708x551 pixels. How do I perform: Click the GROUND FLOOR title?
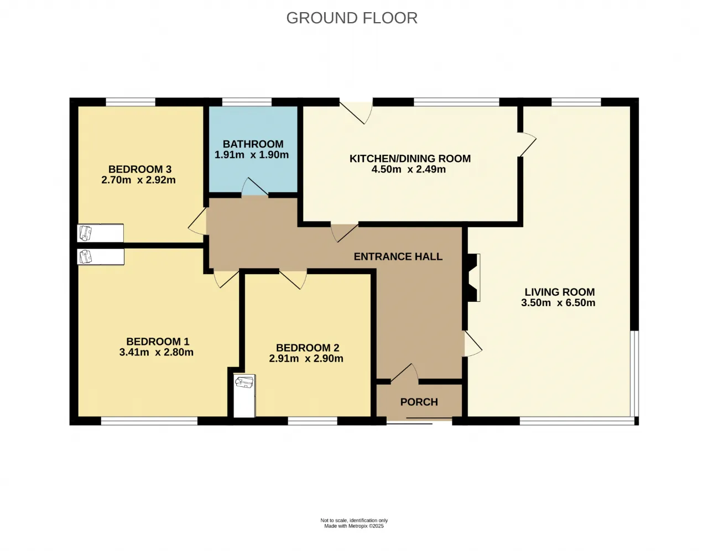[352, 18]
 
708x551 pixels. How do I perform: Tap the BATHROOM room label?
[253, 144]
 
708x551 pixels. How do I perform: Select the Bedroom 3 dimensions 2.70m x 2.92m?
[138, 180]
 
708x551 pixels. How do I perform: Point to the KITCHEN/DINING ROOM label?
[410, 159]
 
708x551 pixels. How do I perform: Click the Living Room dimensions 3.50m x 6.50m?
[558, 303]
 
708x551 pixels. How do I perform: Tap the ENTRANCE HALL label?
[398, 256]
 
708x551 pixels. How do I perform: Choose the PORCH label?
[419, 402]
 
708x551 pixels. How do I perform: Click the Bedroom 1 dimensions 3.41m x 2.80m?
[157, 352]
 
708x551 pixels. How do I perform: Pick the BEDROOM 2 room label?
[308, 348]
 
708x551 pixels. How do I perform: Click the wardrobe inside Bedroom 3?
[100, 233]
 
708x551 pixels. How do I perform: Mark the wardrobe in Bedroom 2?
[244, 396]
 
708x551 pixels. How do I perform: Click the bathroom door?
[255, 187]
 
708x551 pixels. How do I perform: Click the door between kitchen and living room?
[527, 144]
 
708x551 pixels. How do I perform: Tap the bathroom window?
[247, 102]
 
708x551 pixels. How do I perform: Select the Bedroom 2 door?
[293, 280]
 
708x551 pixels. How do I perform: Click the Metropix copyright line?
[354, 526]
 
